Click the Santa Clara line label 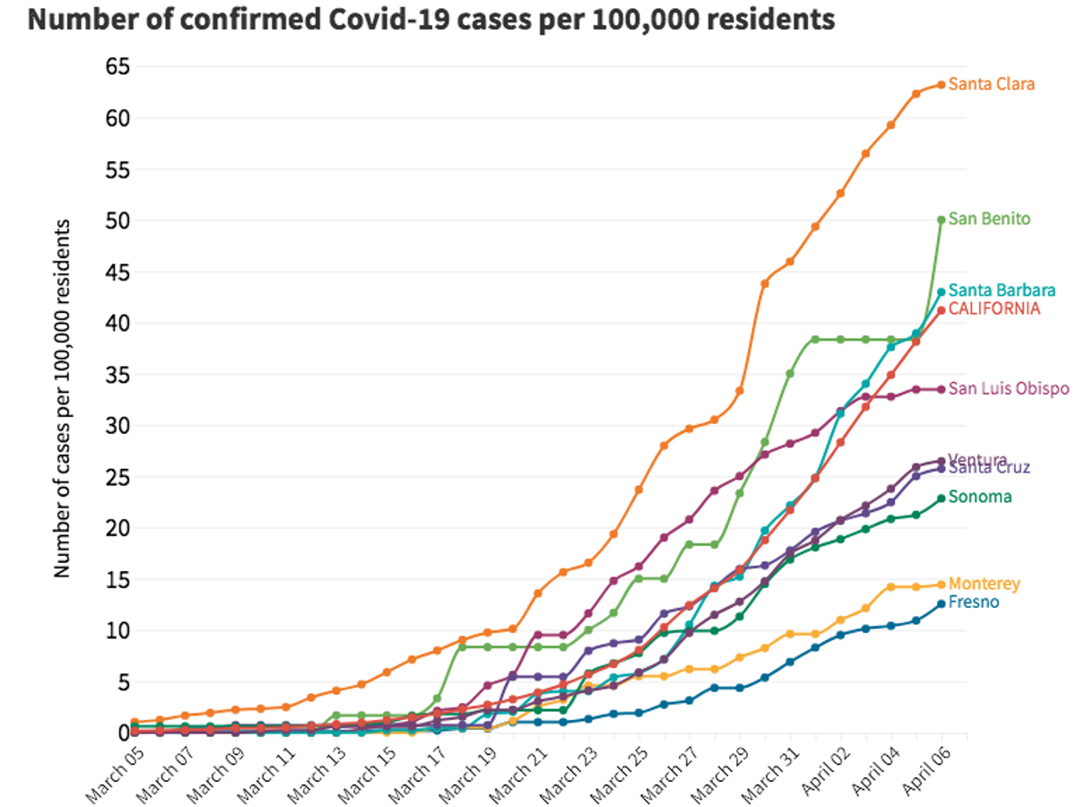click(991, 84)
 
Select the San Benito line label click(989, 219)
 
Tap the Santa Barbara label click(1002, 291)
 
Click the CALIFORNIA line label click(994, 308)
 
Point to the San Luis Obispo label click(1009, 388)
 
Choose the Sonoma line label click(980, 497)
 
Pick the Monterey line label click(985, 584)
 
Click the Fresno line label click(974, 602)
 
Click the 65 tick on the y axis click(115, 66)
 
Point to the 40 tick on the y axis click(115, 323)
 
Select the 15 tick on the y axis click(115, 579)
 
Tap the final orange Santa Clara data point click(941, 85)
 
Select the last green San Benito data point click(941, 220)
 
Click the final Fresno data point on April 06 click(941, 603)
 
